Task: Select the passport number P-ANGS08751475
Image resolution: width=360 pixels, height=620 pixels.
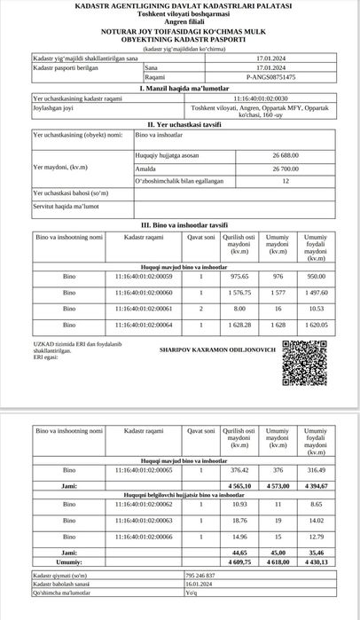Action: click(254, 78)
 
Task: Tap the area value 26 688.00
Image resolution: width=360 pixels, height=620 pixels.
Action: click(286, 154)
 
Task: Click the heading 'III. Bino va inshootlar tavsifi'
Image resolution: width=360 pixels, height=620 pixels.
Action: click(180, 224)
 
